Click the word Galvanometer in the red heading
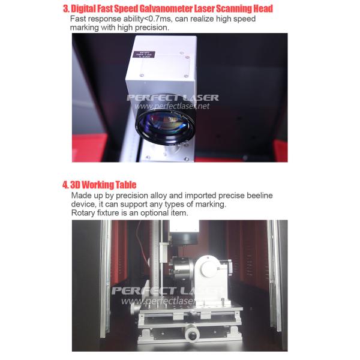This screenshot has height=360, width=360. coord(166,8)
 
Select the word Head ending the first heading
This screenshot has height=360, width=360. coord(261,8)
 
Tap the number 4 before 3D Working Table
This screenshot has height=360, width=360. coord(65,185)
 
